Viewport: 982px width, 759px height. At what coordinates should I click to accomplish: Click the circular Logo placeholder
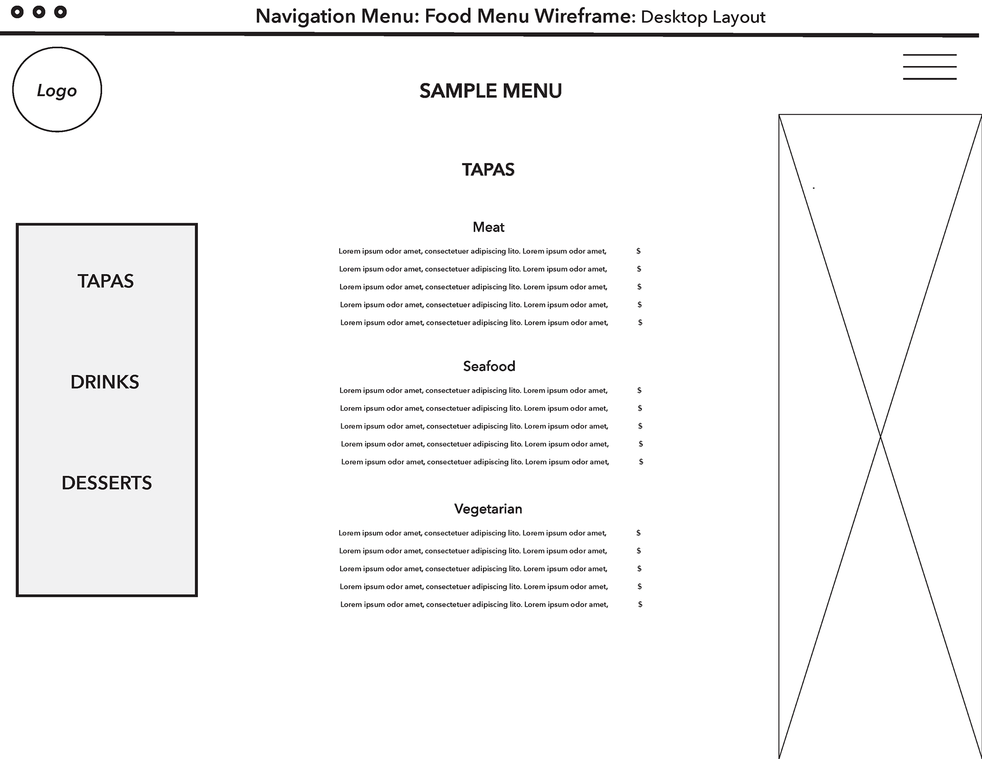tap(57, 90)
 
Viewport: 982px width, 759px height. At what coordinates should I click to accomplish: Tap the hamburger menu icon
tap(929, 67)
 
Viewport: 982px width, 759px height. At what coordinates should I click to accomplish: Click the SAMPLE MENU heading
tap(490, 91)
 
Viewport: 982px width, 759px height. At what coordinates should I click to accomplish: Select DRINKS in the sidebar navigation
tap(105, 382)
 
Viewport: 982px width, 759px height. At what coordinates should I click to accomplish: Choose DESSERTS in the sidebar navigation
tap(106, 483)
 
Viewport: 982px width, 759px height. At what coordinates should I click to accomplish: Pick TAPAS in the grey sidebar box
tap(105, 281)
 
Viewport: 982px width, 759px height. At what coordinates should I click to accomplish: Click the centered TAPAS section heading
tap(488, 170)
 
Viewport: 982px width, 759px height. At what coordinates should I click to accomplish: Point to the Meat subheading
tap(488, 227)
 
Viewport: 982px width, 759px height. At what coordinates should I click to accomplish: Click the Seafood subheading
tap(489, 366)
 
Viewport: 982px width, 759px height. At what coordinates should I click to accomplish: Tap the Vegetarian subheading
tap(488, 509)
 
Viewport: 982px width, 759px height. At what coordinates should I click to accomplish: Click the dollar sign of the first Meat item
tap(638, 251)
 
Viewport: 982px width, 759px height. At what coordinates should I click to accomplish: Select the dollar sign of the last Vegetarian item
tap(640, 605)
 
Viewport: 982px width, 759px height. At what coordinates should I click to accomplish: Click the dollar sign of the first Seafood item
tap(639, 390)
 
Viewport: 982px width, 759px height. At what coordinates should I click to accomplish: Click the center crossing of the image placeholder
tap(880, 436)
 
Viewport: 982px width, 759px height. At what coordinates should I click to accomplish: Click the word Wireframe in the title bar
tap(583, 16)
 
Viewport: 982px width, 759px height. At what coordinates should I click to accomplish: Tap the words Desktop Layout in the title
tap(703, 17)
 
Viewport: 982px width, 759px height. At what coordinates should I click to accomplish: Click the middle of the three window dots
tap(39, 12)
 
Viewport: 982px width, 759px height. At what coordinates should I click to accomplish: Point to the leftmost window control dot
tap(17, 12)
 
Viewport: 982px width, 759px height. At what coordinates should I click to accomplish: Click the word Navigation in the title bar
tap(306, 16)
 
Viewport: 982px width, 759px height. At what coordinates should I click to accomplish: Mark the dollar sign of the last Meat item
tap(640, 323)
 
